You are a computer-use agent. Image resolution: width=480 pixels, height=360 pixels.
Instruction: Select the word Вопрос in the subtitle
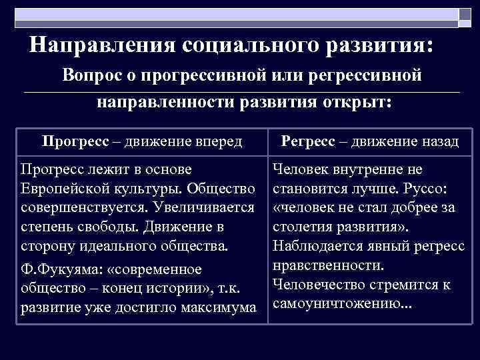93,75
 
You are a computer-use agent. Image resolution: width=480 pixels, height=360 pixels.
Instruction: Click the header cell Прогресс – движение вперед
141,141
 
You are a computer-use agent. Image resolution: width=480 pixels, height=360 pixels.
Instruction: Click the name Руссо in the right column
433,189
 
